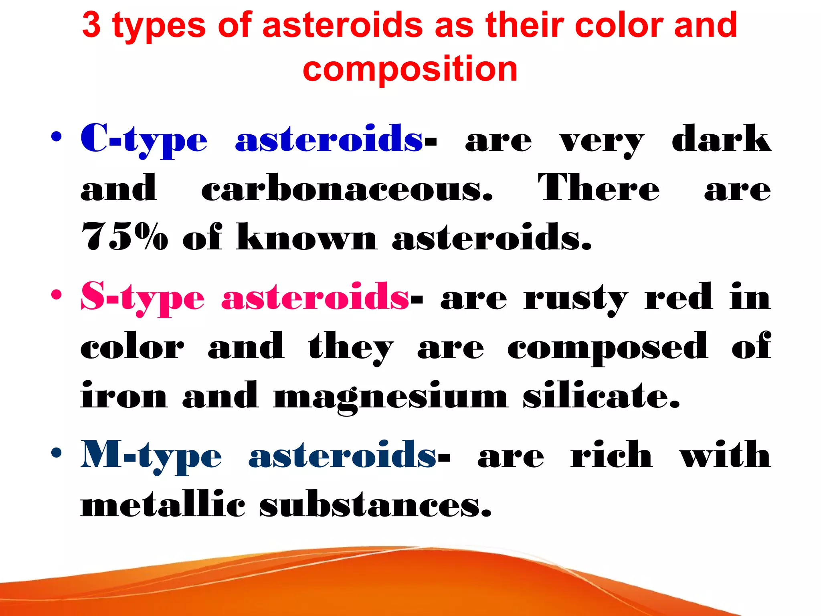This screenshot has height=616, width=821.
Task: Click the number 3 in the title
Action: (x=91, y=25)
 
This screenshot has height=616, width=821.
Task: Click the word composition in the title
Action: (x=410, y=69)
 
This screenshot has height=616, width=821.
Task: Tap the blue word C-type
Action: (x=144, y=140)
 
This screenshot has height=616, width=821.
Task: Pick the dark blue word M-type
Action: (x=151, y=456)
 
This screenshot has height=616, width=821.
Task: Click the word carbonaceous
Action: (x=347, y=188)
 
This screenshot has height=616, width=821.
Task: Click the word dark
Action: (x=721, y=139)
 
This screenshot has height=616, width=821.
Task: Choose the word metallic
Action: (x=163, y=505)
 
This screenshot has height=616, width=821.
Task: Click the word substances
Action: (x=375, y=505)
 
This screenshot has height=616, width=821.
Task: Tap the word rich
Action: (x=611, y=455)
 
